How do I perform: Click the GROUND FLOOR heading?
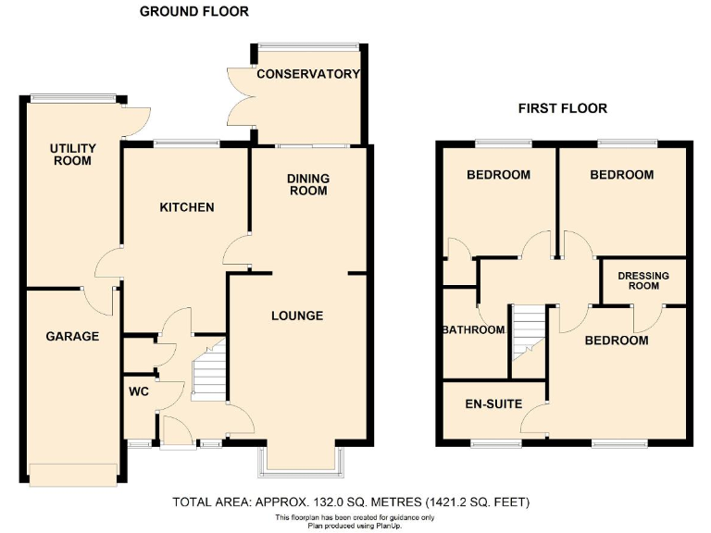[193, 12]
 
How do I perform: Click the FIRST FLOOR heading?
[562, 108]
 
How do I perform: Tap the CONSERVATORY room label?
[307, 74]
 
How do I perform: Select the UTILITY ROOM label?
[71, 155]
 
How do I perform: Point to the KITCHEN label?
[187, 207]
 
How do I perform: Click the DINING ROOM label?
[307, 185]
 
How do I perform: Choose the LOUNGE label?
[297, 316]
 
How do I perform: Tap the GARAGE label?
[72, 336]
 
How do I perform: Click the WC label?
[139, 391]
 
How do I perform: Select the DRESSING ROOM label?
[643, 280]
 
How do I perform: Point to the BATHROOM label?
[473, 330]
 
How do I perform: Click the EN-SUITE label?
[493, 404]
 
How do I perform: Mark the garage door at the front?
[72, 473]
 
